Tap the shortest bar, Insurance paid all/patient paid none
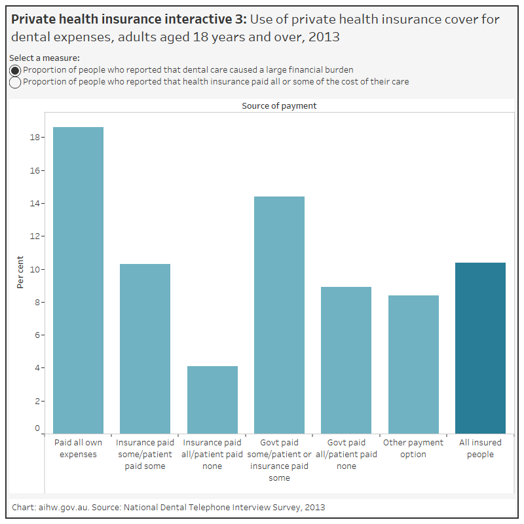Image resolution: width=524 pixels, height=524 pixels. [x=212, y=400]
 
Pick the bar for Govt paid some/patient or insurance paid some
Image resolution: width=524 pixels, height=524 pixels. [x=279, y=315]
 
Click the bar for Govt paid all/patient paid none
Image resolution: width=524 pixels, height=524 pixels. [x=346, y=360]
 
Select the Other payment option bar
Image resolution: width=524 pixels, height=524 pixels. [x=413, y=364]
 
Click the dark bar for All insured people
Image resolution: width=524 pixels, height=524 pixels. [x=480, y=348]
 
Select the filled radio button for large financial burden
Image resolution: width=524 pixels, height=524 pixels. [x=15, y=70]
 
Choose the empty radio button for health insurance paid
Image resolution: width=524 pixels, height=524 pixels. [x=15, y=83]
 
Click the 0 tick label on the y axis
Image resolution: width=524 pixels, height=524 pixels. [x=37, y=428]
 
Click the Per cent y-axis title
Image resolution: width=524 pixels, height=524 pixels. [x=20, y=272]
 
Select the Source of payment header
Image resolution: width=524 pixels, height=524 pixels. [x=279, y=105]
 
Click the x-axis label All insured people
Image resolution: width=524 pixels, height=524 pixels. [x=480, y=449]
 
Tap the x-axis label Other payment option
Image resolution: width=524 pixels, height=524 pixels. [x=413, y=449]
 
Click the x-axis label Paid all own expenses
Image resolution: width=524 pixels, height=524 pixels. [x=78, y=449]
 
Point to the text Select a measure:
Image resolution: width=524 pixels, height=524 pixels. [x=44, y=58]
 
